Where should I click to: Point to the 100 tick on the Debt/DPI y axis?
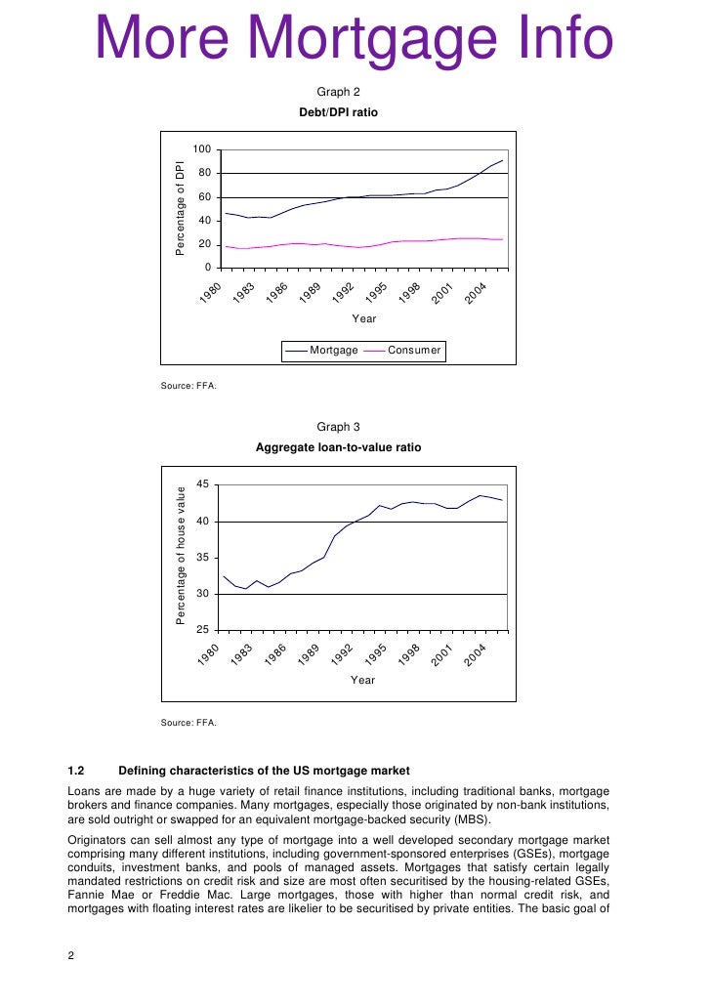click(202, 149)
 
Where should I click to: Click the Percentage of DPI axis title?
click(181, 207)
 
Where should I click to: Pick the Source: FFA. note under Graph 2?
click(188, 385)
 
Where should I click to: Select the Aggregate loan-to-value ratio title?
click(339, 447)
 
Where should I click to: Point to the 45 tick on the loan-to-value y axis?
click(202, 484)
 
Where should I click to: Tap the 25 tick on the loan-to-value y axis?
click(202, 630)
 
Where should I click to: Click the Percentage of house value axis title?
click(181, 555)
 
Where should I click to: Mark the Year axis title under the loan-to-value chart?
click(362, 680)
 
